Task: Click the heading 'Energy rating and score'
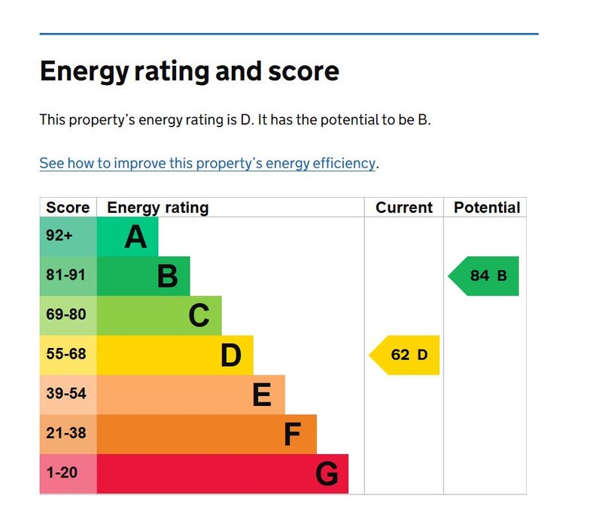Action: click(x=190, y=71)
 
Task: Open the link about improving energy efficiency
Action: click(x=208, y=163)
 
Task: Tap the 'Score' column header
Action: click(x=68, y=208)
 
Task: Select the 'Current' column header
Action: click(x=404, y=208)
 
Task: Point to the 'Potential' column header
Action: click(x=487, y=208)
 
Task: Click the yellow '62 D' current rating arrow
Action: click(x=404, y=355)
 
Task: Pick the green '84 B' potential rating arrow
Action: click(x=483, y=276)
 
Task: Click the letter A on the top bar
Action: click(x=136, y=237)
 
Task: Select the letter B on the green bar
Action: click(x=168, y=276)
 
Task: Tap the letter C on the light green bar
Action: click(x=199, y=316)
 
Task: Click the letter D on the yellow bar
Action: click(x=231, y=356)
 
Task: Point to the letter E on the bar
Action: click(x=262, y=395)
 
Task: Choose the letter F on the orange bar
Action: click(x=292, y=435)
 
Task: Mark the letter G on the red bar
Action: click(x=327, y=474)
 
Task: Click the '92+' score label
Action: click(x=59, y=235)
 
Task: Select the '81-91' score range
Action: click(x=65, y=275)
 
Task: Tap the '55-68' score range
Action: click(x=66, y=354)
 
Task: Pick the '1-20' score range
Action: click(x=62, y=472)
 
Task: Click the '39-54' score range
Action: click(x=66, y=393)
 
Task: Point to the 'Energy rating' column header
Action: click(x=158, y=208)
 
